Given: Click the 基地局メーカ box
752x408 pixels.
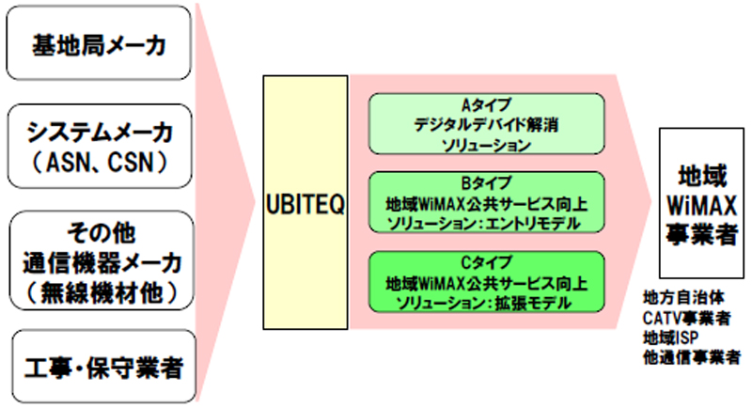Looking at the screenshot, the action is point(99,43).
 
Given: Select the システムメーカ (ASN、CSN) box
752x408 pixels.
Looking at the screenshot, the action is point(100,147).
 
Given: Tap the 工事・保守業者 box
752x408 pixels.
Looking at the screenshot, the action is point(104,367).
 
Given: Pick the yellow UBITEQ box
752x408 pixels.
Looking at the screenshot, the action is point(305,202).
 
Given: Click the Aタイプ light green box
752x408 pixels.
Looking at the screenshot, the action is point(486,124).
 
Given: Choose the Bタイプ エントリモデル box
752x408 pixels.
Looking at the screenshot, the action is point(486,203).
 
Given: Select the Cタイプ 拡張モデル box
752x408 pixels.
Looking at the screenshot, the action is point(486,282).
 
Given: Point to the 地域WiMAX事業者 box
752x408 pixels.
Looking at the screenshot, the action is point(701,203).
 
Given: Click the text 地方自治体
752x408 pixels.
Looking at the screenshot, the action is point(683,298).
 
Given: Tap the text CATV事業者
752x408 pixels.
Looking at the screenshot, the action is point(687,318).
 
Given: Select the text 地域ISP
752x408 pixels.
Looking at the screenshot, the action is point(670,337).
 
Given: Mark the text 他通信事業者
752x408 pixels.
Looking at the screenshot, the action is point(692,357).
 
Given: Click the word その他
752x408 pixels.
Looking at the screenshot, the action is point(102,233).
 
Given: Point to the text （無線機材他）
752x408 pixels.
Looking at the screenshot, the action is point(102,292).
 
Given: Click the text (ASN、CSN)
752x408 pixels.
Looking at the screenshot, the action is point(100,162).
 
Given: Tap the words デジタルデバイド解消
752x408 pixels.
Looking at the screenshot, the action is point(486,125).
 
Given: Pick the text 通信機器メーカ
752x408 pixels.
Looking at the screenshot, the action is point(102,263).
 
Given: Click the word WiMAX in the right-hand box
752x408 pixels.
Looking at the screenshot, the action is point(701,206).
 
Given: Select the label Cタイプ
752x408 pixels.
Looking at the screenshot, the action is point(486,262).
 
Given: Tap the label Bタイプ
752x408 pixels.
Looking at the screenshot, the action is point(486,183).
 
